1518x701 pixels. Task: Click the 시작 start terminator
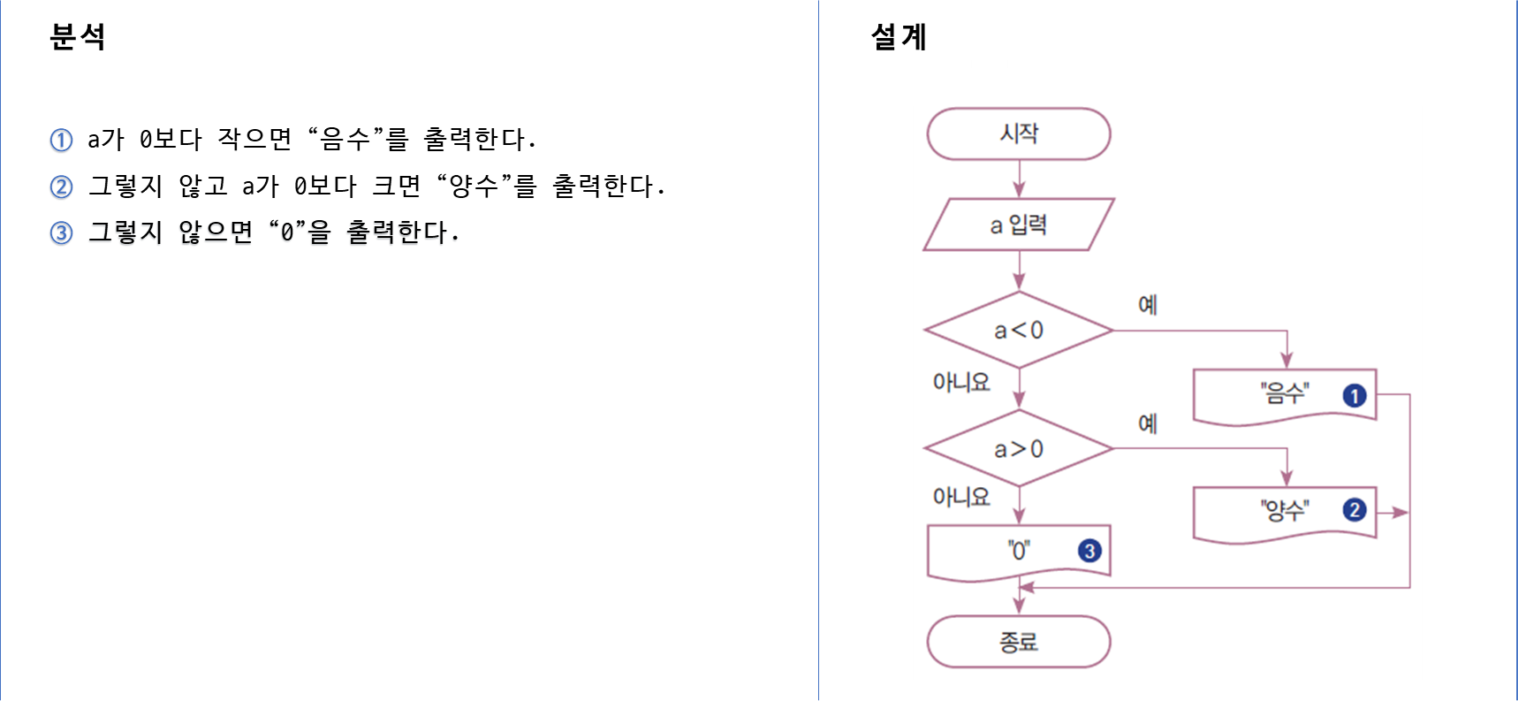pyautogui.click(x=1018, y=133)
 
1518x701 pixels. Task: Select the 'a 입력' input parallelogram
pyautogui.click(x=1018, y=225)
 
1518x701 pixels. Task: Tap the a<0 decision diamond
pyautogui.click(x=1018, y=330)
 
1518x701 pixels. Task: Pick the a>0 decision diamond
pyautogui.click(x=1018, y=448)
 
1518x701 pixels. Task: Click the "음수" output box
pyautogui.click(x=1283, y=394)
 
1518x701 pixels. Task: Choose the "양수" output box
pyautogui.click(x=1283, y=511)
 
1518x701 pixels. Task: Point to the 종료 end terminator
pyautogui.click(x=1018, y=641)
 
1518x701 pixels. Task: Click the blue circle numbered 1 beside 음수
pyautogui.click(x=1354, y=395)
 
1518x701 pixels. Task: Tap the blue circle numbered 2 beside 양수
pyautogui.click(x=1354, y=510)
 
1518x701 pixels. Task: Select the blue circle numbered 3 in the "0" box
pyautogui.click(x=1089, y=551)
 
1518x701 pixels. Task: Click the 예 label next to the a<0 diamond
pyautogui.click(x=1147, y=305)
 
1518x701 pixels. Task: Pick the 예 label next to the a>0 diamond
pyautogui.click(x=1147, y=423)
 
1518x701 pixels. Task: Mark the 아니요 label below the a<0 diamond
pyautogui.click(x=961, y=382)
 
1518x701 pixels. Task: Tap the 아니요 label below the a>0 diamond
pyautogui.click(x=961, y=497)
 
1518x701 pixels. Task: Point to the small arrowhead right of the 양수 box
pyautogui.click(x=1398, y=512)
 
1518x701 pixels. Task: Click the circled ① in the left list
pyautogui.click(x=61, y=141)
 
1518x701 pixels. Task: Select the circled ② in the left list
pyautogui.click(x=61, y=188)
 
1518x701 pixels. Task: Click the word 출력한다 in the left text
pyautogui.click(x=398, y=233)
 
